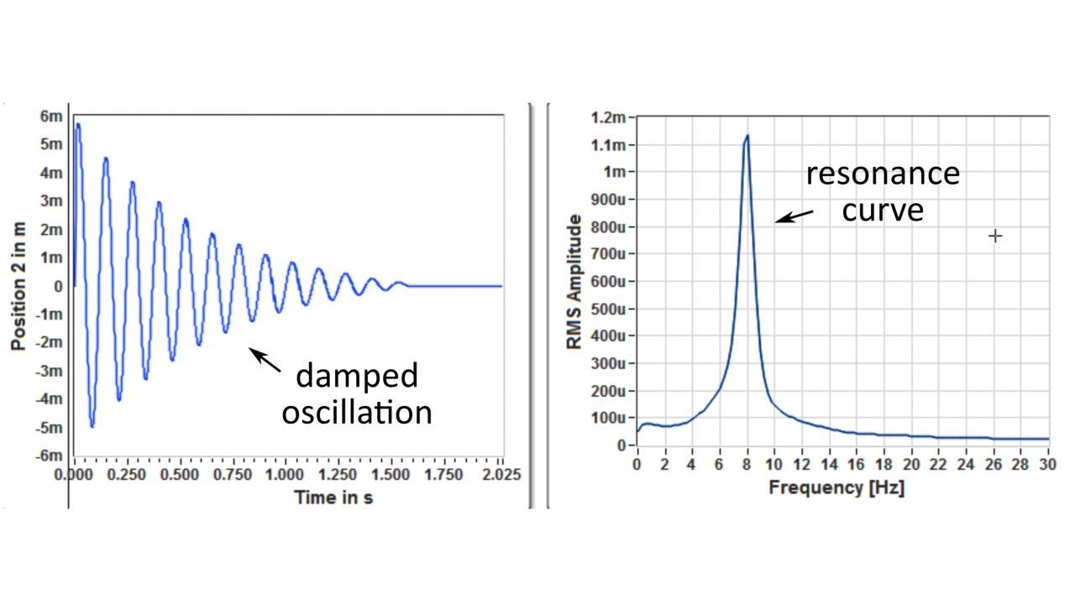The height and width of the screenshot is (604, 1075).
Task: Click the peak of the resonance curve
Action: tap(746, 136)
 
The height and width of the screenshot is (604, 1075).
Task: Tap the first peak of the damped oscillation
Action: tap(78, 124)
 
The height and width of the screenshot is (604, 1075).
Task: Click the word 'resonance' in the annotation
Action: tap(883, 174)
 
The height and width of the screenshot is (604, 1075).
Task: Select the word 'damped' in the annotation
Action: tap(357, 375)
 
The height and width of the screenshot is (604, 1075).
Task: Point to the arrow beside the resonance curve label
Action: tap(794, 216)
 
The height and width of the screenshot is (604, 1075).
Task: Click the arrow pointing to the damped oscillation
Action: tap(267, 361)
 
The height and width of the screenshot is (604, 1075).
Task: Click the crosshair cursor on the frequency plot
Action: tap(995, 236)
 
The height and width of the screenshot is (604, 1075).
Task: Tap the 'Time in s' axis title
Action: tap(333, 497)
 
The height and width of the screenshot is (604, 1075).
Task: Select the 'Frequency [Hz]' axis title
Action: tap(836, 488)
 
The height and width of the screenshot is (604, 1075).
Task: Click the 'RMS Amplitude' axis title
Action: tap(574, 282)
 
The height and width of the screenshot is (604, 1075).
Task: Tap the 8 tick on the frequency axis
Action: tap(746, 463)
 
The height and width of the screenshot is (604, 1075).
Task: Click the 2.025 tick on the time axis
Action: tap(503, 475)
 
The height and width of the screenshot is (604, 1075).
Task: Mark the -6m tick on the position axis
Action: tap(49, 456)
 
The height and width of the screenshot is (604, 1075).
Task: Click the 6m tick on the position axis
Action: tap(52, 116)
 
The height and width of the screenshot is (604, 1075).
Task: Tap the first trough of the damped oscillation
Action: tap(92, 426)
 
